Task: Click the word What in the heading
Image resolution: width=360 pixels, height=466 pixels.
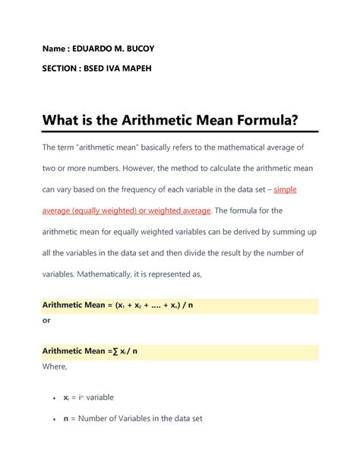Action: coord(62,120)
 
